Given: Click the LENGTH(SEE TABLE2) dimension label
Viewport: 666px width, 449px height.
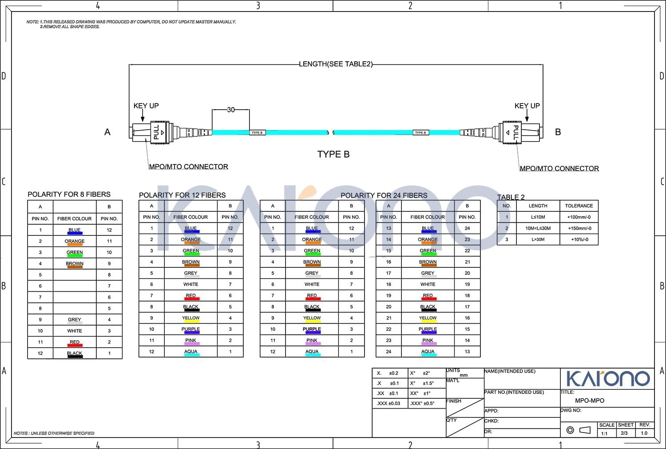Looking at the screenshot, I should (336, 64).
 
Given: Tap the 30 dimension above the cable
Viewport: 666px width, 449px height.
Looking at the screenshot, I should (231, 110).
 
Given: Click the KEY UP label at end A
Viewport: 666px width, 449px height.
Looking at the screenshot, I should (146, 106).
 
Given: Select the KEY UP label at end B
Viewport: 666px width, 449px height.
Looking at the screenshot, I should (527, 106).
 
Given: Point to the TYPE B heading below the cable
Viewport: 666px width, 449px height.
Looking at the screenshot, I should (333, 155).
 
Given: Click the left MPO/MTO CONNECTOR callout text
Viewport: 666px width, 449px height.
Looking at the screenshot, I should (188, 167).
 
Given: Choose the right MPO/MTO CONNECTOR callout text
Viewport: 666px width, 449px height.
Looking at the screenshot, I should (559, 168).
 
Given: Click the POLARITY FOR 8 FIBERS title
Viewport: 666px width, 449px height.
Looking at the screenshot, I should (69, 195).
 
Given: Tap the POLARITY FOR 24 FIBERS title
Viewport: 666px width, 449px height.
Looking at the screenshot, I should (384, 195).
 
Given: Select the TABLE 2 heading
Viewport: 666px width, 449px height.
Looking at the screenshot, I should (511, 197).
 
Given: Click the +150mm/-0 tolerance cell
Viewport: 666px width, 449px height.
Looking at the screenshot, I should (579, 228).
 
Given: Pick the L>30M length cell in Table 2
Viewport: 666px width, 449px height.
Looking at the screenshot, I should (538, 239).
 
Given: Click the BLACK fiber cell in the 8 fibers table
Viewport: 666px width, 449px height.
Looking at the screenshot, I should (75, 354).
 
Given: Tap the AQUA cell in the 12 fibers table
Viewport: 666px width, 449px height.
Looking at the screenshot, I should (190, 352).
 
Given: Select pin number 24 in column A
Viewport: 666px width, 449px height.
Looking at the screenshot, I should (388, 352).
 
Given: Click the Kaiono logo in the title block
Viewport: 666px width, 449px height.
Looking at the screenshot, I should (608, 378).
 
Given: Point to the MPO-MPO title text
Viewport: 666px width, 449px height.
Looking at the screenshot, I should (589, 401).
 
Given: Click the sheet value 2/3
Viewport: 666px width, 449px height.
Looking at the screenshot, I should (624, 433).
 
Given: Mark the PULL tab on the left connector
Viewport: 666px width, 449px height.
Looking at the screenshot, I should (156, 132).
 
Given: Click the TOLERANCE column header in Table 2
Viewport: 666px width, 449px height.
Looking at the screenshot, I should (579, 206).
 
